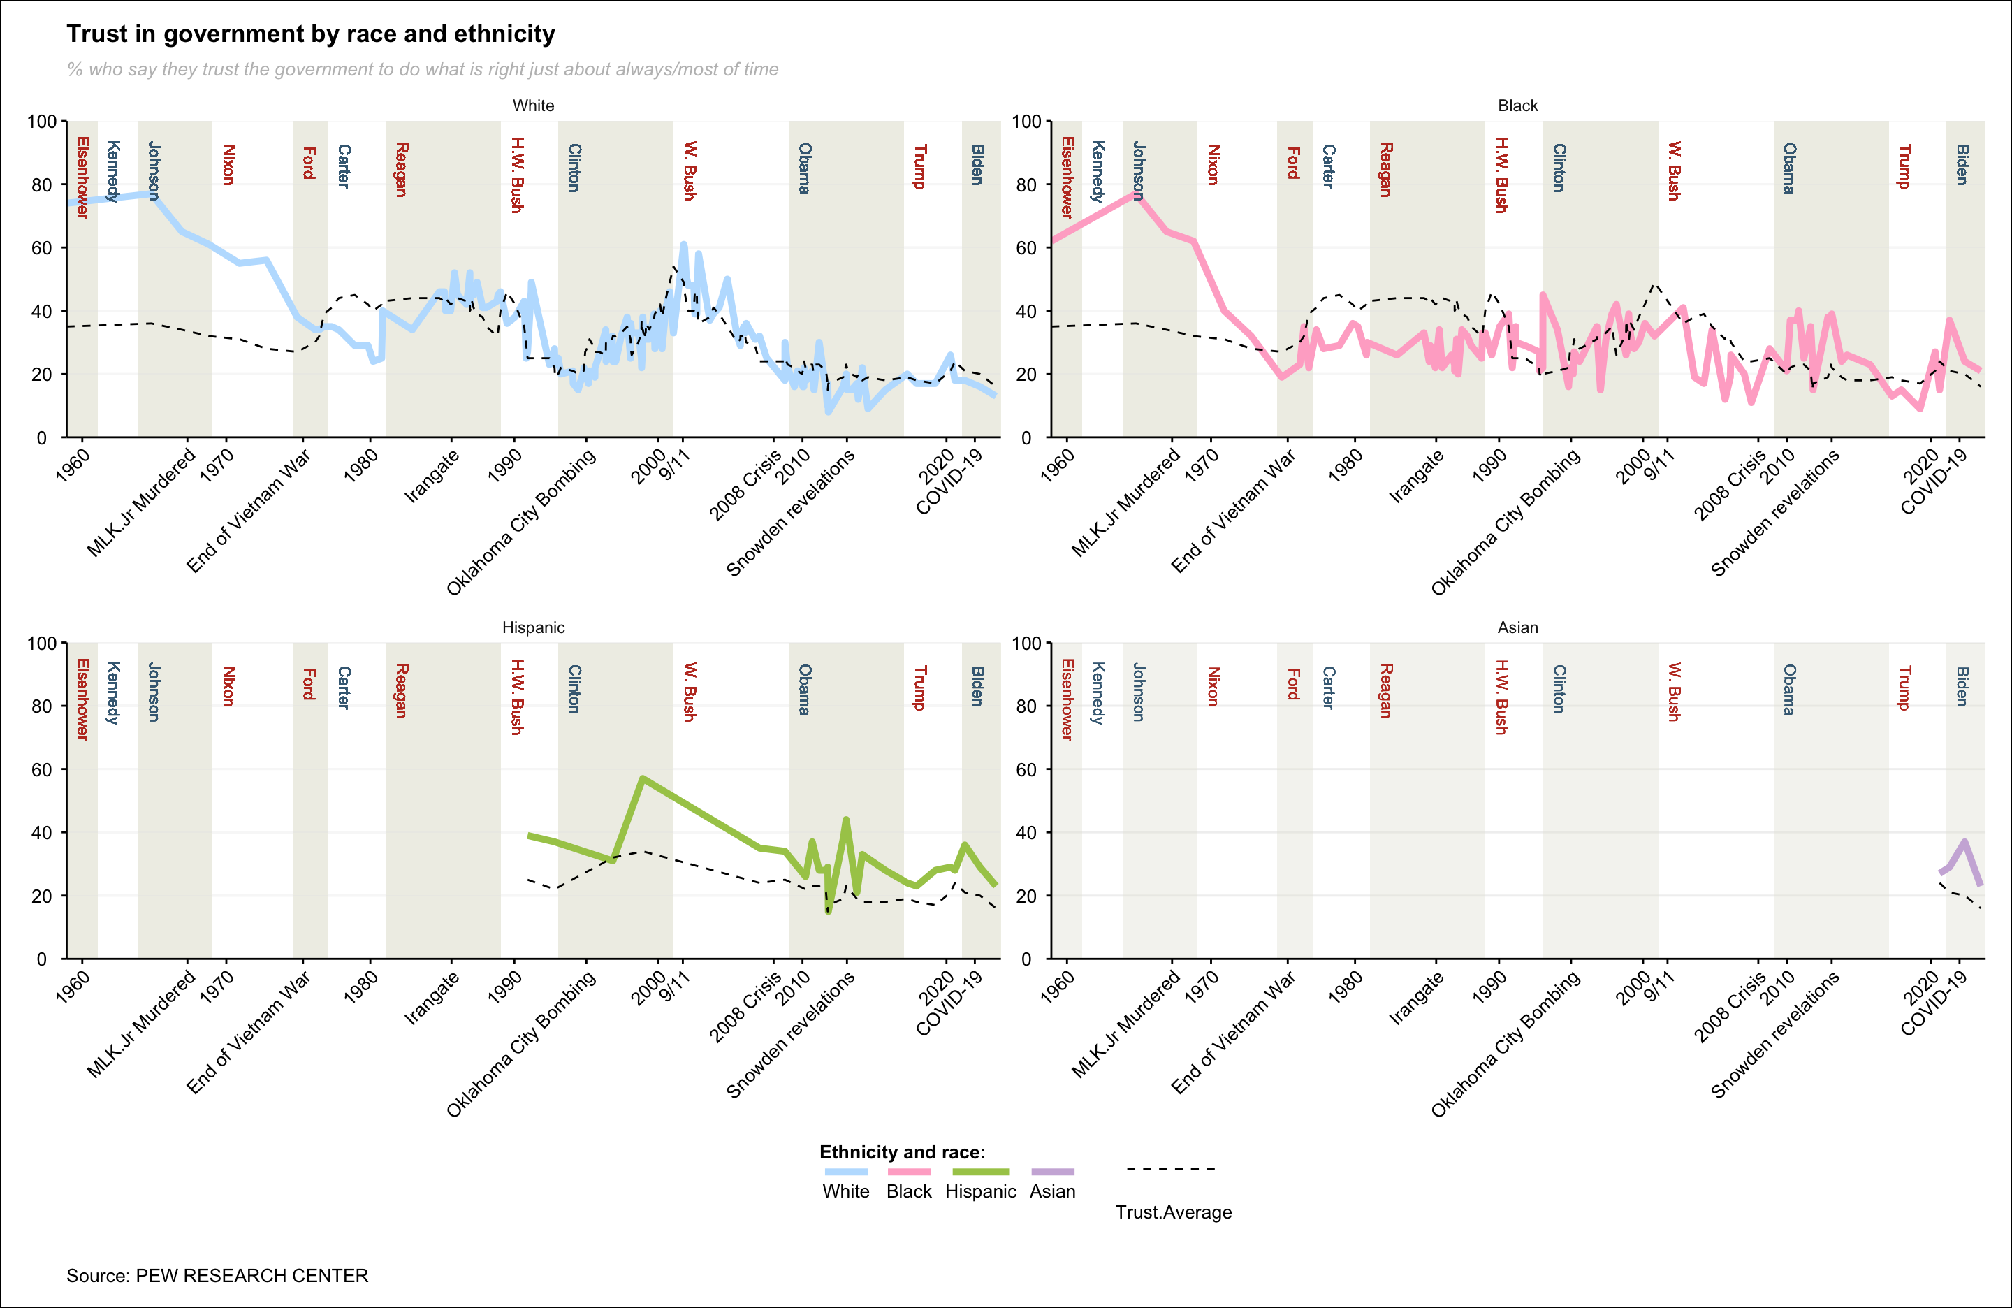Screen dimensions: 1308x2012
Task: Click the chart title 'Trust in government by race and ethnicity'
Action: click(x=310, y=34)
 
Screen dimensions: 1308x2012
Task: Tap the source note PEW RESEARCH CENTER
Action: click(x=217, y=1275)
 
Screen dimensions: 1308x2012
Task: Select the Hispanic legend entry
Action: click(x=981, y=1191)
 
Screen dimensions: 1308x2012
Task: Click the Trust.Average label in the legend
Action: click(x=1174, y=1212)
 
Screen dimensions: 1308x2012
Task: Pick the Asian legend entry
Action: click(x=1053, y=1191)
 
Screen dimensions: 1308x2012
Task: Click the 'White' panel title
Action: click(x=534, y=106)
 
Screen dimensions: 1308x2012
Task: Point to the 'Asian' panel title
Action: click(x=1517, y=627)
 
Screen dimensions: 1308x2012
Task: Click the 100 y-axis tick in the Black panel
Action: click(x=1026, y=122)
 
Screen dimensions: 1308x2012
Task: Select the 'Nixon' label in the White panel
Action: click(x=228, y=165)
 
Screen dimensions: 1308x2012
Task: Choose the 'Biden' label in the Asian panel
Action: click(x=1962, y=687)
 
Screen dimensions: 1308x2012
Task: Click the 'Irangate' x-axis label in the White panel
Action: click(x=432, y=476)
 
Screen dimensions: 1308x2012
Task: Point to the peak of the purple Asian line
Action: click(x=1964, y=842)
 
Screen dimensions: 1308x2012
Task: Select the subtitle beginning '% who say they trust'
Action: click(x=423, y=69)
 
